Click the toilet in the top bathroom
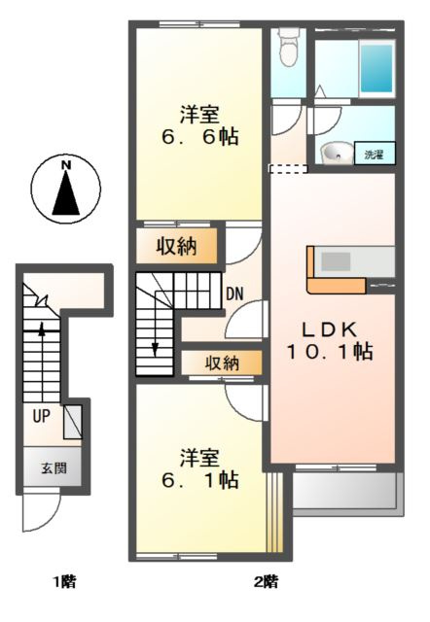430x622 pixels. coord(287,47)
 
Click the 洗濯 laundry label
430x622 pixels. coord(375,154)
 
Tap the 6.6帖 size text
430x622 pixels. coord(198,136)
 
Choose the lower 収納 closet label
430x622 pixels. coord(222,363)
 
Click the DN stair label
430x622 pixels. coord(234,293)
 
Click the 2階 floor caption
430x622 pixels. coord(266,582)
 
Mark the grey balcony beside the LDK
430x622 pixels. coord(346,493)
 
